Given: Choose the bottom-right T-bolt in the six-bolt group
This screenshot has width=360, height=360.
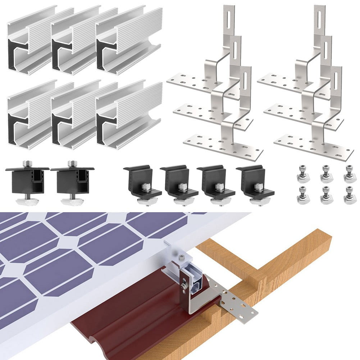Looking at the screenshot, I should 350,195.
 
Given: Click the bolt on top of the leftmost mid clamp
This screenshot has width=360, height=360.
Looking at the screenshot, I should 27,164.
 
